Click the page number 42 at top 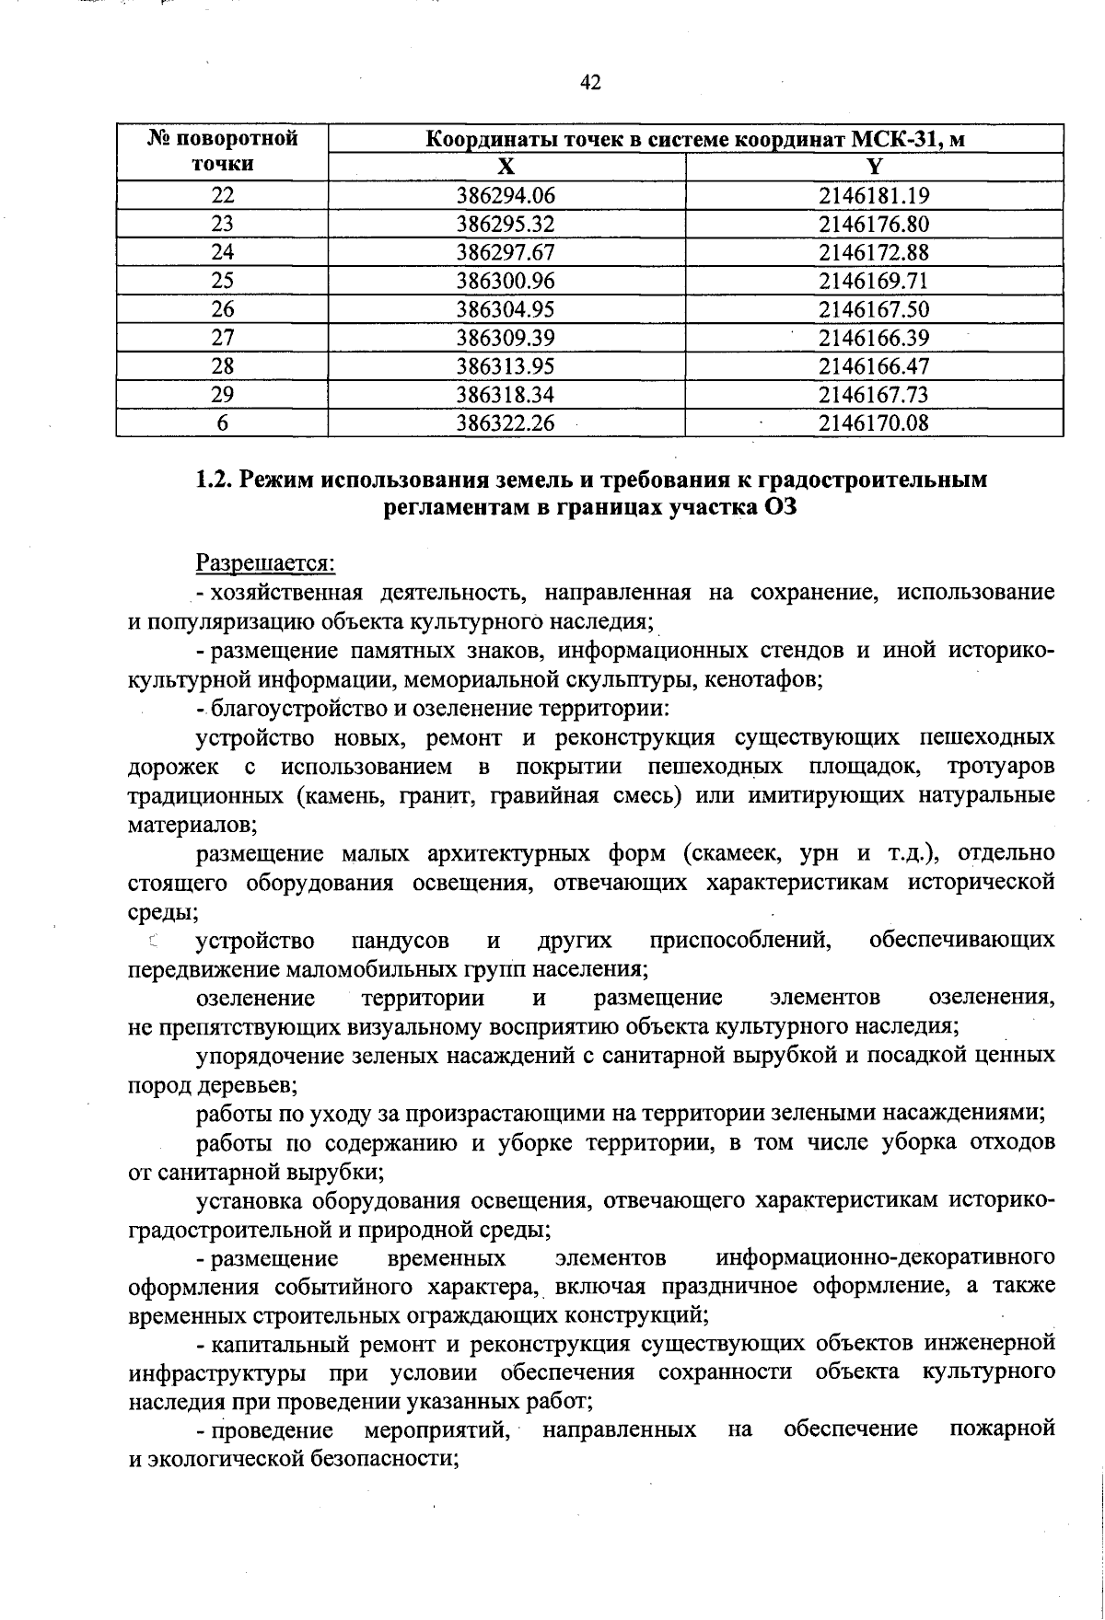(590, 83)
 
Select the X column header (506, 167)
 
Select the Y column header (874, 167)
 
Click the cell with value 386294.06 (506, 195)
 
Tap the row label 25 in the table (222, 281)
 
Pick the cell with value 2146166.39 (874, 338)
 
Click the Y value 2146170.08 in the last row (874, 423)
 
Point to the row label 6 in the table (222, 423)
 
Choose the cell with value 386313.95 (506, 366)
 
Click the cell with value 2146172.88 (874, 252)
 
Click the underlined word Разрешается (265, 561)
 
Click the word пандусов (401, 941)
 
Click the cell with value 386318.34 (506, 395)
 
